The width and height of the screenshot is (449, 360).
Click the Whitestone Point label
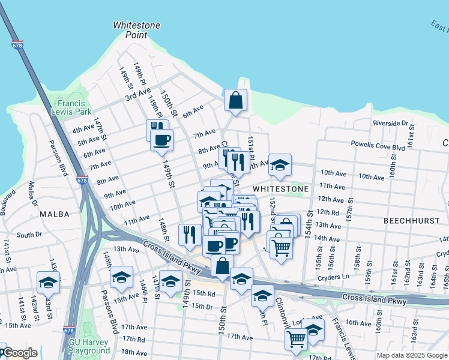[130, 30]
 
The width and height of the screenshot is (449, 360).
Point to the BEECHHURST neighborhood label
[412, 221]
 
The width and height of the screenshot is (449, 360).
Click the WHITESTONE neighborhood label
[280, 188]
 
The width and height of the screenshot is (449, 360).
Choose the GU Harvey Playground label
[89, 346]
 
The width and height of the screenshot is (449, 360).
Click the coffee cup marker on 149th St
[161, 140]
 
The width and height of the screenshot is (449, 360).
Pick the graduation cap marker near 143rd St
[49, 282]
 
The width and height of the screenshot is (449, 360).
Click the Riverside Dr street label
[390, 123]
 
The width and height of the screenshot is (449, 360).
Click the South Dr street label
[28, 235]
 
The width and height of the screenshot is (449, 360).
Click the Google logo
[19, 353]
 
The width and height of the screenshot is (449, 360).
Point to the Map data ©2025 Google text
[411, 355]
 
